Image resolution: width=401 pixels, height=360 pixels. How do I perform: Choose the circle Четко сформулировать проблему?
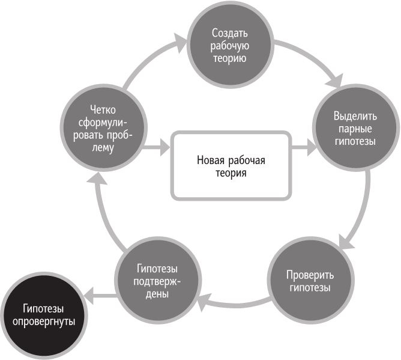click(x=103, y=127)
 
